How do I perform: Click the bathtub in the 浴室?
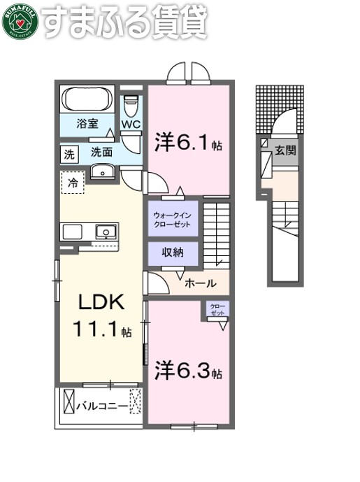tap(89, 100)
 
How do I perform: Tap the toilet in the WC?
tap(131, 107)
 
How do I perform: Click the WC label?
tap(131, 125)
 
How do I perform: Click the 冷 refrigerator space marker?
tap(72, 183)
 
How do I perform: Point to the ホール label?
tap(201, 283)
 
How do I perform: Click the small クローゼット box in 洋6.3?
tap(217, 310)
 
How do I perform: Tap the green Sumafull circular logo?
tap(20, 22)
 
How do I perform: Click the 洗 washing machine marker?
tap(69, 153)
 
